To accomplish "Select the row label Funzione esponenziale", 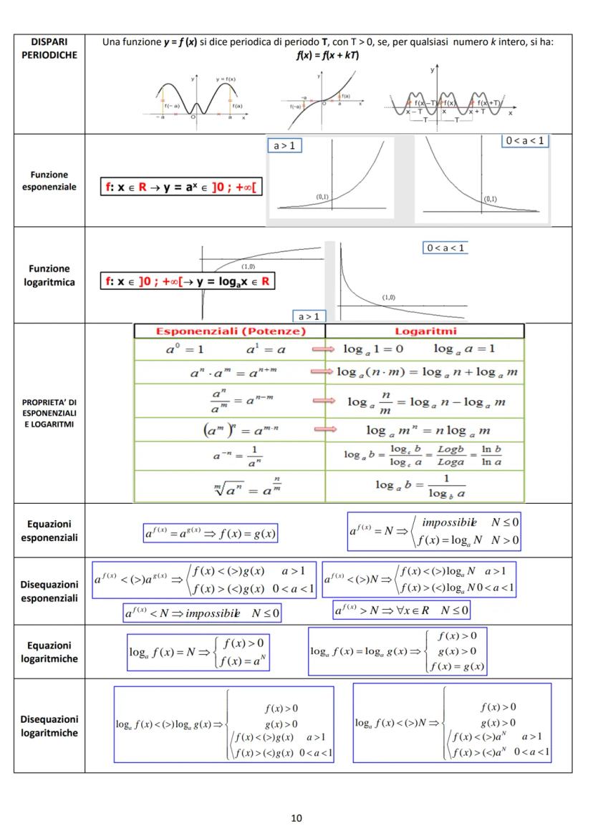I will coord(49,180).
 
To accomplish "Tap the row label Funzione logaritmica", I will coord(49,276).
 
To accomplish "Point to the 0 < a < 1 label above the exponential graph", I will coord(525,141).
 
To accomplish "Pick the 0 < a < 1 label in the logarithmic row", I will coord(445,248).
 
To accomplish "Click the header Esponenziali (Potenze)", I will coord(231,331).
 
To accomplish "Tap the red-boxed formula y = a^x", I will coord(182,188).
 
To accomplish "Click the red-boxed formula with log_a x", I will coord(188,282).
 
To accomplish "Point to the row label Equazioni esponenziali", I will coord(49,530).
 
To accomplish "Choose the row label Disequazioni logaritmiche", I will coord(49,726).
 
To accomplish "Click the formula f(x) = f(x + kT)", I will coord(327,55).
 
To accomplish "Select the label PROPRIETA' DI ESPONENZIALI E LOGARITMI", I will coord(49,413).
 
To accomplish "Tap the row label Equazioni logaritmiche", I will coord(49,652).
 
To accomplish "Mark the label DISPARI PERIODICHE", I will coord(49,48).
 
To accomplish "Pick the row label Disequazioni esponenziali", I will coord(49,591).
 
